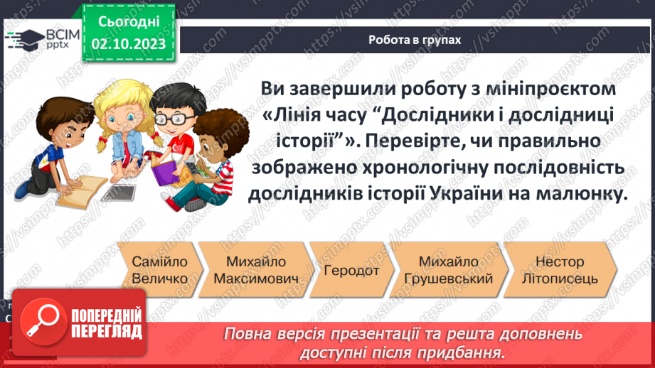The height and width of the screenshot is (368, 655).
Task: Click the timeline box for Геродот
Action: [351, 270]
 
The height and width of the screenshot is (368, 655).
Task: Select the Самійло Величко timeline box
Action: [159, 270]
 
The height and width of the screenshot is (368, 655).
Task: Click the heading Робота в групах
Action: [414, 40]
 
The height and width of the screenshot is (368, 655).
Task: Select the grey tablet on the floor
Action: [117, 192]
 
